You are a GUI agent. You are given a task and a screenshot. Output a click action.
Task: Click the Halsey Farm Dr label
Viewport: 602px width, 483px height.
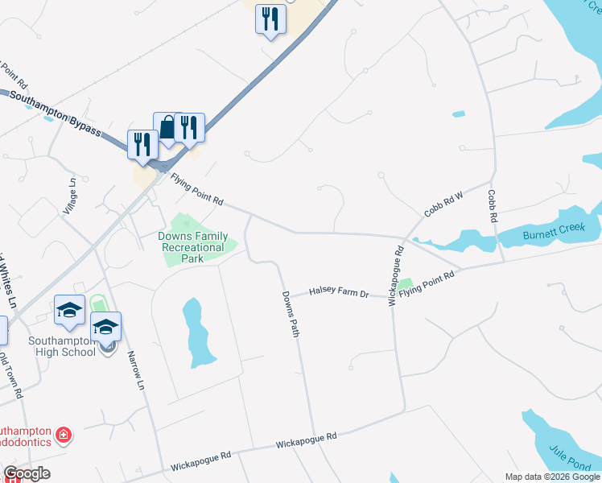(339, 294)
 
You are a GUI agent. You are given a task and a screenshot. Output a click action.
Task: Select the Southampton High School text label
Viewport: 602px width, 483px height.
(62, 345)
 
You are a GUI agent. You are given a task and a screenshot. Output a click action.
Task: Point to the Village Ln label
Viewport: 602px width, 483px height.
(71, 194)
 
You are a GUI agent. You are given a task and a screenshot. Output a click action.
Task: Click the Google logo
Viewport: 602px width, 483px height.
(27, 473)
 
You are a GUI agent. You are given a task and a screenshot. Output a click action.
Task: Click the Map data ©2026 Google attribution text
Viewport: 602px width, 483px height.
(552, 477)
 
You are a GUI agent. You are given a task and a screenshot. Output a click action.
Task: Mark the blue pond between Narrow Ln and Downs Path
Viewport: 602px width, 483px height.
(198, 332)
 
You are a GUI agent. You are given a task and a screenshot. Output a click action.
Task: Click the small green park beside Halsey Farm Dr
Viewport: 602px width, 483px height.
(404, 284)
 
